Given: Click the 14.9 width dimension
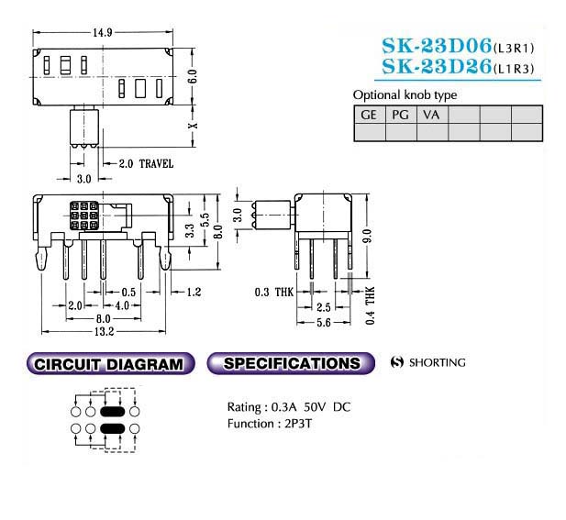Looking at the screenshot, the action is [103, 33].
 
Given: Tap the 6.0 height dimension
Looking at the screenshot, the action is [193, 76].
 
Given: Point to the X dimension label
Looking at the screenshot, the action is [194, 126].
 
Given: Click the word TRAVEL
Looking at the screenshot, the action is [156, 164].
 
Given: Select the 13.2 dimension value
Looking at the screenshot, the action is [104, 332].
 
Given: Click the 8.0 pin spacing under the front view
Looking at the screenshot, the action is [104, 319].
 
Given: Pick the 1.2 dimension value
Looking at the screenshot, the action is [194, 292].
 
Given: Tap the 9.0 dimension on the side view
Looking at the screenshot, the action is [367, 237].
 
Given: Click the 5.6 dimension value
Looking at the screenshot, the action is [324, 322].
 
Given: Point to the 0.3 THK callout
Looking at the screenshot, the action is [274, 292].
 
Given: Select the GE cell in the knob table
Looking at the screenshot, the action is [369, 115].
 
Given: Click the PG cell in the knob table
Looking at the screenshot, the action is [400, 115].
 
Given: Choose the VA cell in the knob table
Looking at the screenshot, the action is [431, 115].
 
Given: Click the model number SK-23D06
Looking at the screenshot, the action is [437, 46].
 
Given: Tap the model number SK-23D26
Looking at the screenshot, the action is [437, 66].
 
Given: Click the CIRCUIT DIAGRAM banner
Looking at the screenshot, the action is [110, 364].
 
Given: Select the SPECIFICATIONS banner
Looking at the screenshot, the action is [291, 363].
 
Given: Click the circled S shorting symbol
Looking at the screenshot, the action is [396, 362].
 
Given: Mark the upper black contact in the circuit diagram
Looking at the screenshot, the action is [112, 412].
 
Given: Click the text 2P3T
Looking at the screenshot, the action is [298, 424].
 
